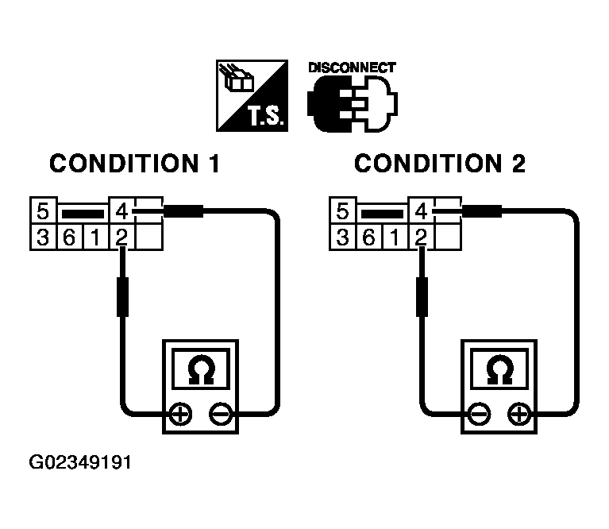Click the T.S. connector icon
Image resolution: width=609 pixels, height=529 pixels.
coord(253,95)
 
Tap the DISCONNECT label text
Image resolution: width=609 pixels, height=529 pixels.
coord(351,68)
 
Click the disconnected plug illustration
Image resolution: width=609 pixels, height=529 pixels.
coord(352,106)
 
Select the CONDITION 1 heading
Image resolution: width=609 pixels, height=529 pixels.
coord(134,164)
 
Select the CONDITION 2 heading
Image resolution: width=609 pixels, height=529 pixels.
coord(439,164)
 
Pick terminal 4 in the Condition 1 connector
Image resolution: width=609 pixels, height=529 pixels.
coord(121,213)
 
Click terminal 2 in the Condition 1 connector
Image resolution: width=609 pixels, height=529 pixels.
coord(121,236)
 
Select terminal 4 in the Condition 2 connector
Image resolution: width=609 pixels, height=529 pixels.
coord(421,213)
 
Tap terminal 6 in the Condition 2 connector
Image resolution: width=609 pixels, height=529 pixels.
coord(369,236)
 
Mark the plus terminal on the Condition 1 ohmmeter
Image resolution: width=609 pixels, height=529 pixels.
coord(180,414)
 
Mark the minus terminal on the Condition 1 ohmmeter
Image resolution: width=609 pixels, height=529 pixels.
coord(220,414)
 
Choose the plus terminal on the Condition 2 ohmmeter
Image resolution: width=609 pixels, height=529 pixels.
coord(518,414)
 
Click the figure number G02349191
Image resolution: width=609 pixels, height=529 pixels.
coord(80,461)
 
